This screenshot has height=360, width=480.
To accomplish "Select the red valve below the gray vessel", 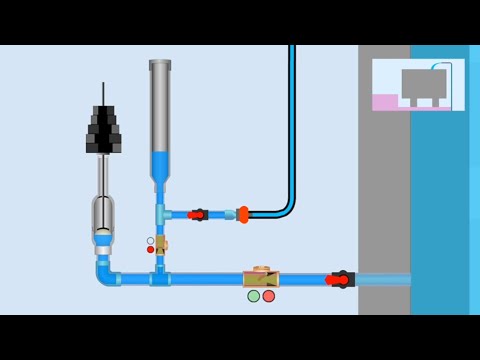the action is coord(198,214).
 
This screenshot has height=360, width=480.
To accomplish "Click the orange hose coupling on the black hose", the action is coord(243,214).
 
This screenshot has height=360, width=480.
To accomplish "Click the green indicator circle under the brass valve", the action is coord(254,296).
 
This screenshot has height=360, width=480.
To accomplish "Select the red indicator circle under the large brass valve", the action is coord(269,296).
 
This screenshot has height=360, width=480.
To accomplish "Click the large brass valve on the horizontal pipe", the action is coord(261,277).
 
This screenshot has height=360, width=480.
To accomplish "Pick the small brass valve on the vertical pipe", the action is coord(160,243).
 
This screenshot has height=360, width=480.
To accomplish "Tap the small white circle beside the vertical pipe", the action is coord(151,240).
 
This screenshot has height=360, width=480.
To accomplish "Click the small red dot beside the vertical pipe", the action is coord(151,249).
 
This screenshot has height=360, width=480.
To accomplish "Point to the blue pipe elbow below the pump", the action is coord(105,274).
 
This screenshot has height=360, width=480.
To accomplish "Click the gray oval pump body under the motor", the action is coord(103,214).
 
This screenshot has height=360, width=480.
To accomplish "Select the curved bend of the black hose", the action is coord(286,207).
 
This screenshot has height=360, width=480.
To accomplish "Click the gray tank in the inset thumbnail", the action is coord(424,83).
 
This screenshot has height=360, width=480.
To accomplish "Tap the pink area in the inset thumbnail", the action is coord(386,102).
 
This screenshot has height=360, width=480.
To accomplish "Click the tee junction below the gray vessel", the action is coord(160,214).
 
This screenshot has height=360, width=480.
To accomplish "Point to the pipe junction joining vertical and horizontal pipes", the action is coord(160,279).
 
